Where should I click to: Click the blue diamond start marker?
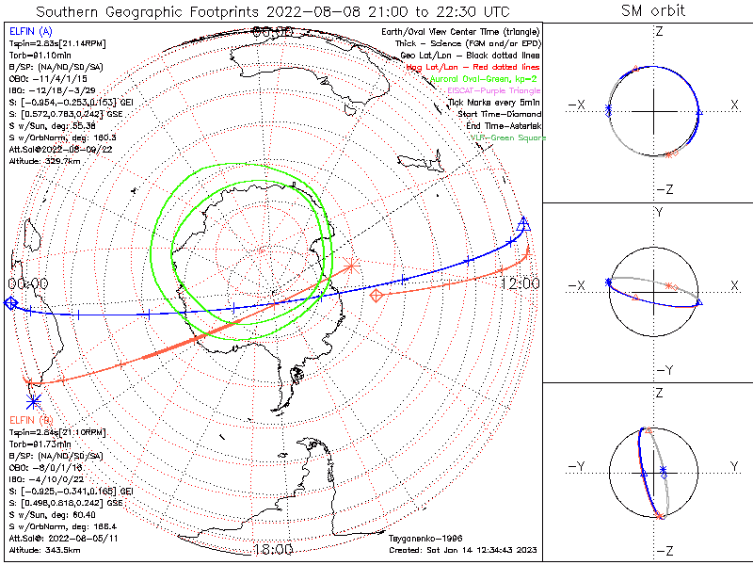click(x=9, y=302)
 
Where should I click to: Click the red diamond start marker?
click(x=377, y=296)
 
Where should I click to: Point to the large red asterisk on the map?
click(x=350, y=265)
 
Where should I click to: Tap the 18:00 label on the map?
click(x=272, y=549)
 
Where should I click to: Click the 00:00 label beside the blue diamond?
click(x=27, y=282)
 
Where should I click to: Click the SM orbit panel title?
click(x=653, y=11)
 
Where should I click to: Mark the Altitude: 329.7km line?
click(x=44, y=161)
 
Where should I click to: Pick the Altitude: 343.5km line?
click(x=44, y=548)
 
